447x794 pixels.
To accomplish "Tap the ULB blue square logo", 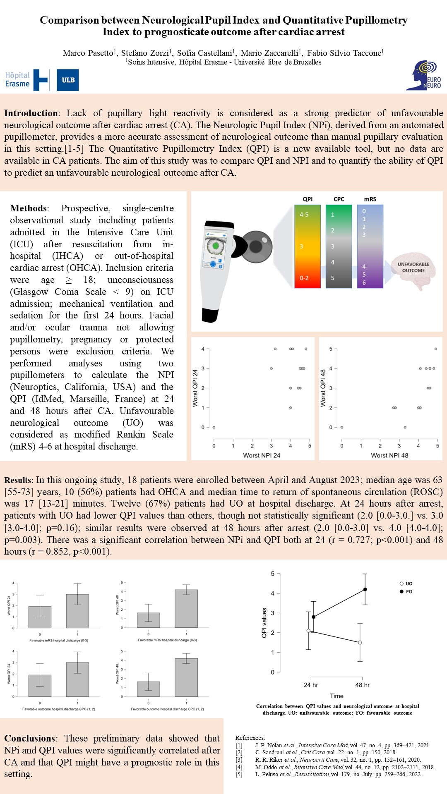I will tap(68, 80).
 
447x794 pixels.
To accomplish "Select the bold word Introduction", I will tap(31, 113).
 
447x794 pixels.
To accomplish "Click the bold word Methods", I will tap(29, 208).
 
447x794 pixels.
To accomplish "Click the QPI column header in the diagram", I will tap(308, 199).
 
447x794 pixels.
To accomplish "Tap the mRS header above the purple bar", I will tap(370, 199).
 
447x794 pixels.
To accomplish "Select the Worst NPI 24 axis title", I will tap(262, 455).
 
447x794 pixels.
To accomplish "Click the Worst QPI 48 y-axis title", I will tap(323, 388).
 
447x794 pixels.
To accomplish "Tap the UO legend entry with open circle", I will tap(406, 584).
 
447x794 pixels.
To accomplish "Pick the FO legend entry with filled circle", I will tap(406, 591).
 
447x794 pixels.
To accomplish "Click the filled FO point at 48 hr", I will tap(365, 589).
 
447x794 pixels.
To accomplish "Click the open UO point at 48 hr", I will tap(360, 642).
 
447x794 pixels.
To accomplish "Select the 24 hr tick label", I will tap(311, 685).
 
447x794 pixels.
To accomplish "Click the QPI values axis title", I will tap(264, 623).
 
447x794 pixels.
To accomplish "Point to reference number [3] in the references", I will tap(239, 760).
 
